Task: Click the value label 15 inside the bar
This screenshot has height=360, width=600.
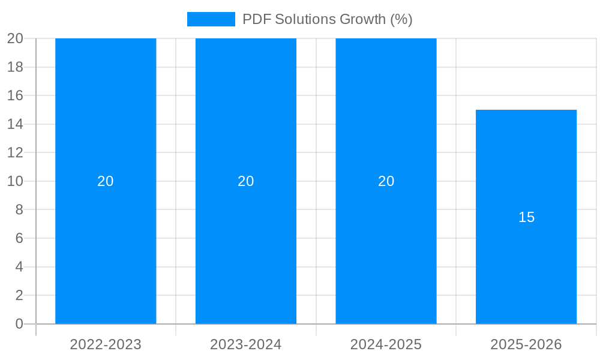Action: coord(526,217)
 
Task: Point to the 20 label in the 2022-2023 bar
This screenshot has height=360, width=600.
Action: coord(106,181)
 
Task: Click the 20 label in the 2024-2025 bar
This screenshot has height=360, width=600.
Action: coord(386,181)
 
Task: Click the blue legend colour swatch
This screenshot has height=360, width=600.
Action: coord(211,19)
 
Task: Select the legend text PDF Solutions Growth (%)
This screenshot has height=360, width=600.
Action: coord(327,19)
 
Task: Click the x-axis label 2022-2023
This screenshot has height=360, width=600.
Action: coord(106,344)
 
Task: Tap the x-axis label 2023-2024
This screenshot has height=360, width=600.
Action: coord(246,344)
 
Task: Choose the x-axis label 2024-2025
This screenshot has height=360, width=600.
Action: coord(386,344)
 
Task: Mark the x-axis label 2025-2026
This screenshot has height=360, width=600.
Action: coord(526,344)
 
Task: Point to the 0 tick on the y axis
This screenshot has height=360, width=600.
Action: coord(19,324)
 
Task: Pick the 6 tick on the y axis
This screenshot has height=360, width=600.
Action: coord(19,238)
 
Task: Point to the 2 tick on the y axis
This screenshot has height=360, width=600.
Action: coord(19,295)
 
